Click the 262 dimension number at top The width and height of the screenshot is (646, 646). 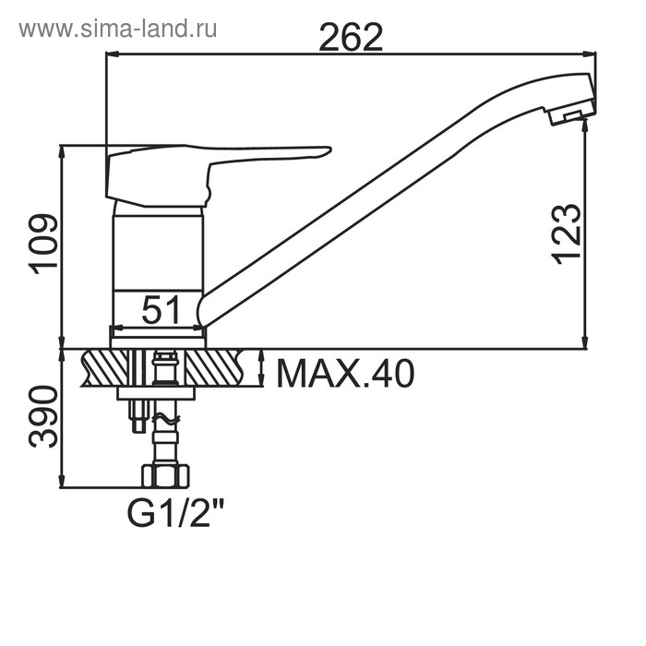(x=351, y=37)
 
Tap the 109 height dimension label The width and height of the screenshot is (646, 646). (x=43, y=244)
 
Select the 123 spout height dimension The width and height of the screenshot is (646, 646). (x=566, y=234)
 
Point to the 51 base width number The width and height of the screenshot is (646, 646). (x=161, y=310)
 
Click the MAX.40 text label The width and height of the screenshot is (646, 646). (x=345, y=374)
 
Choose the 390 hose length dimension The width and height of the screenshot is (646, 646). (x=43, y=416)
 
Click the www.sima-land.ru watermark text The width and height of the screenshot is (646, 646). (x=118, y=30)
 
